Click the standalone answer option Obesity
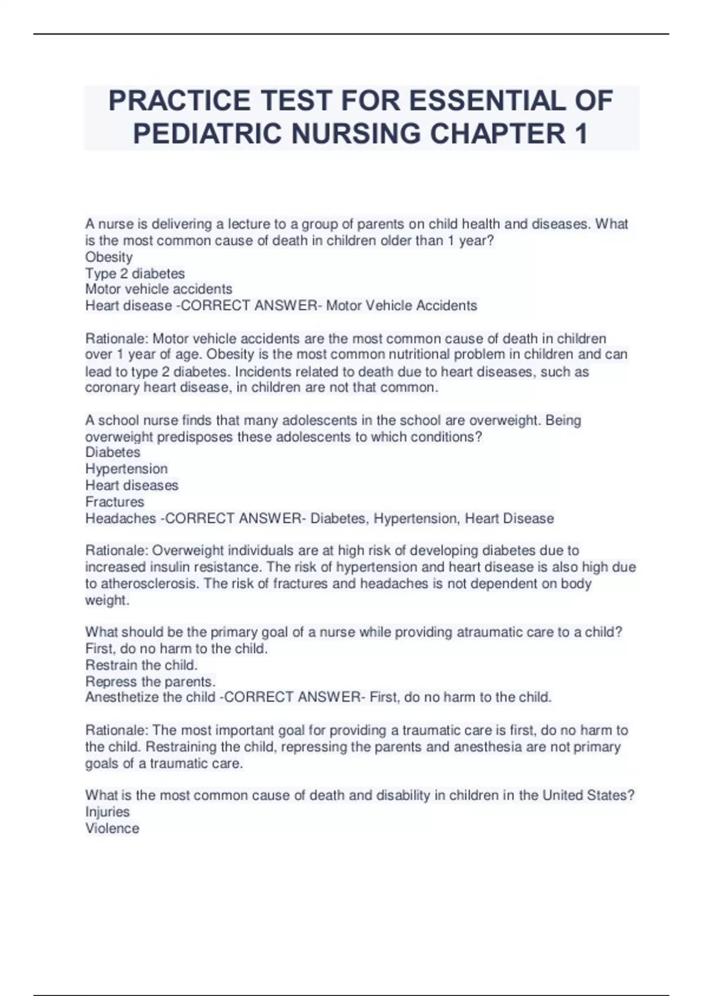pyautogui.click(x=109, y=257)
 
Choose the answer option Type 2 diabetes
pyautogui.click(x=135, y=274)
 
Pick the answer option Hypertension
pyautogui.click(x=127, y=469)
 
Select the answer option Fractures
pyautogui.click(x=115, y=502)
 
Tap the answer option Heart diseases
pyautogui.click(x=132, y=485)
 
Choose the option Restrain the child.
pyautogui.click(x=141, y=665)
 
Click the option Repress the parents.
pyautogui.click(x=151, y=681)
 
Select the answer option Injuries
pyautogui.click(x=107, y=811)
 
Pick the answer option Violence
pyautogui.click(x=112, y=828)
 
